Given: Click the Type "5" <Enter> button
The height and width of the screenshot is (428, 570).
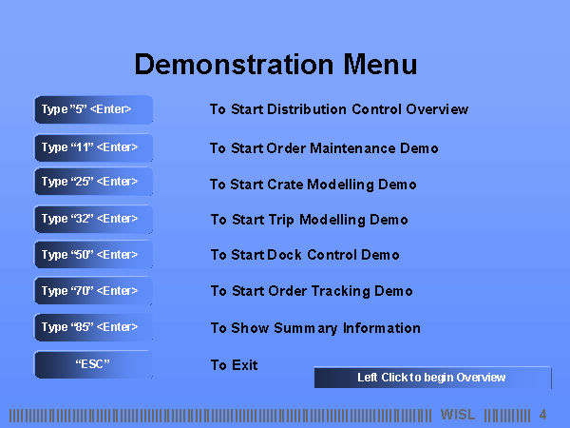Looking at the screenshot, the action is coord(93,109).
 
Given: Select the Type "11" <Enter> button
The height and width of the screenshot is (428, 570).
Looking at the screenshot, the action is coord(93,147).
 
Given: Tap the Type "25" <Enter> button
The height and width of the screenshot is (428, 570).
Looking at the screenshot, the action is coord(93,182).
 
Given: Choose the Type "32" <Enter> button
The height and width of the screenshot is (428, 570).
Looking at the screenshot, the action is coord(93,219).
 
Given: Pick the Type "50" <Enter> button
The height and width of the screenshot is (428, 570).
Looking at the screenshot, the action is coord(93,254).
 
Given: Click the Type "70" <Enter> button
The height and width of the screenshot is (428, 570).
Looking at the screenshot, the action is coord(93,290).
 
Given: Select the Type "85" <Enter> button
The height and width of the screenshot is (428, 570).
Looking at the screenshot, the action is coord(93,327).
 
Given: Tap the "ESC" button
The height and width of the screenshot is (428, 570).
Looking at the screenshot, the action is coord(93,364).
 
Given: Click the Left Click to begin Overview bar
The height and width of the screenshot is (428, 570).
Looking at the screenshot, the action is coord(432,378).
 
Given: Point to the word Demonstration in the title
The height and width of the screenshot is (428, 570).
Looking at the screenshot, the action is coord(234,65).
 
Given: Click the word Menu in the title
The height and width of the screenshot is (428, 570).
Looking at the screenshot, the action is coord(380,65).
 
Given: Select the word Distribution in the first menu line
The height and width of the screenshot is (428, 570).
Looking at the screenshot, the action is coord(307,109).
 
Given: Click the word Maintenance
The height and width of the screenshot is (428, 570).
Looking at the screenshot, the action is coord(352,148).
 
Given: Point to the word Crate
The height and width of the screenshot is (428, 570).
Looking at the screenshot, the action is coord(285,185).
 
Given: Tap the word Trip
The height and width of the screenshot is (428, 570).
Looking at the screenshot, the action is coord(281,221).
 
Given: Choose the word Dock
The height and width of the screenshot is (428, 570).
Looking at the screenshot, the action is coord(284,254).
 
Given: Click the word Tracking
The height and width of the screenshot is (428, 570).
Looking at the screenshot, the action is coord(341,291).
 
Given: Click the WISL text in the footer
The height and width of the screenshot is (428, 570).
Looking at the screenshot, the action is coord(458,415).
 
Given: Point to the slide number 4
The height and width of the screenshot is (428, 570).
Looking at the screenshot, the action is coord(542,415).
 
